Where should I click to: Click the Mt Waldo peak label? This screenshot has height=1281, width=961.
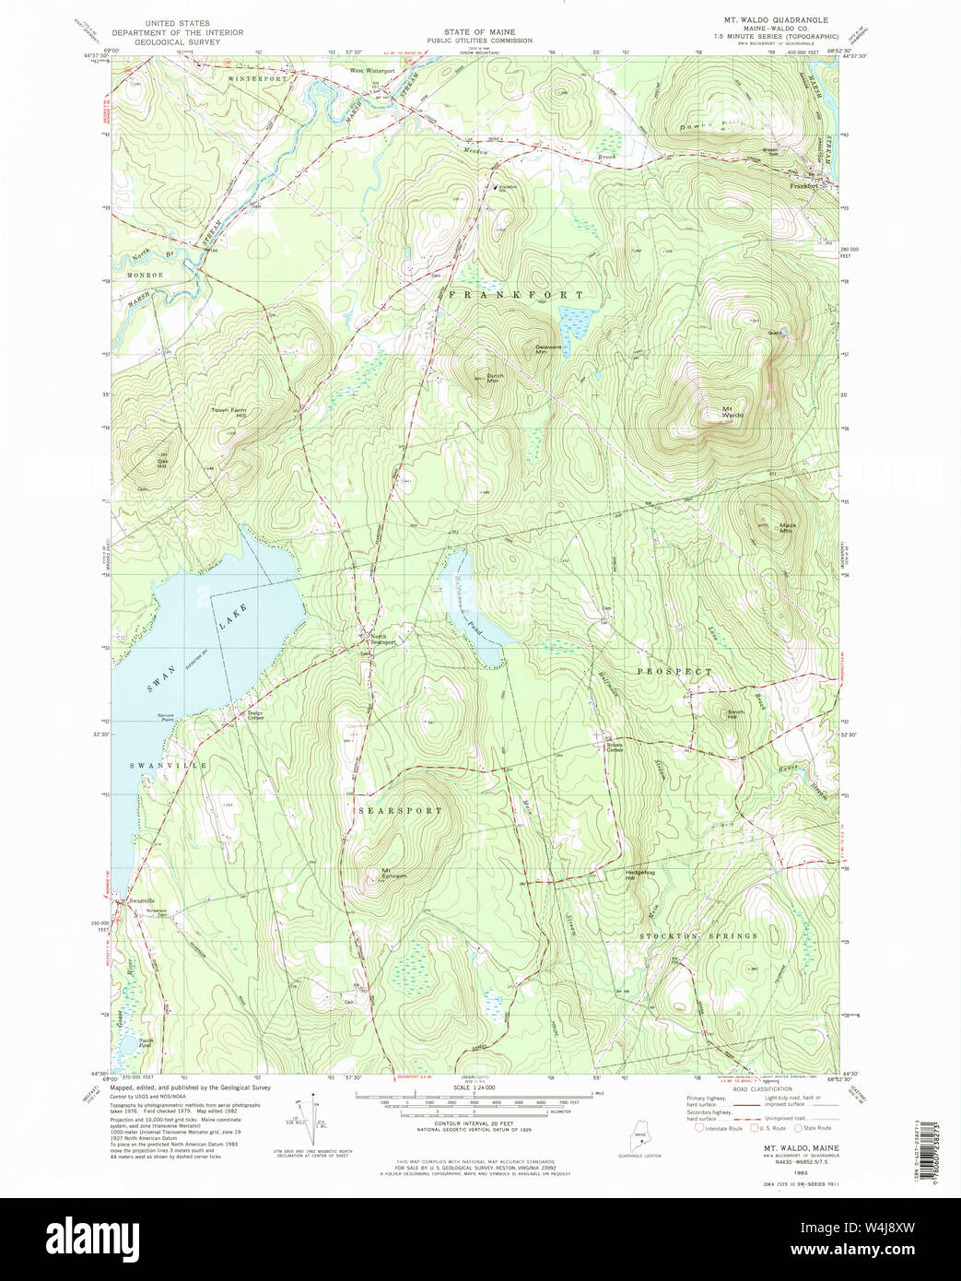point(732,412)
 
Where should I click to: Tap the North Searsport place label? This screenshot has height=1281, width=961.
point(381,640)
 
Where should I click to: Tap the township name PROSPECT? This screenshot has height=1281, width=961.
point(674,672)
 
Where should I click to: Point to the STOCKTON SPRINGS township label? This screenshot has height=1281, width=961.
point(698,935)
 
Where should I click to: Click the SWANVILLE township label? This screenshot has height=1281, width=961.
point(168,766)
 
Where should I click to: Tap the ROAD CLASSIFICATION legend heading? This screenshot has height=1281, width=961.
point(761,1088)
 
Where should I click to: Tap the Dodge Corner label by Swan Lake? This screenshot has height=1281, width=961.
point(255,715)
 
